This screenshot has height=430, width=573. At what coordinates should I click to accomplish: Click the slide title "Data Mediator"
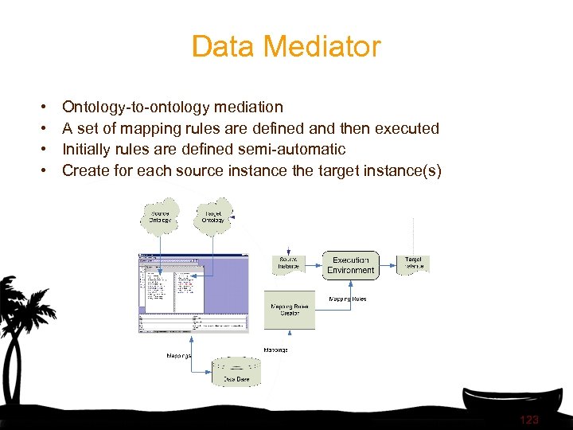286,46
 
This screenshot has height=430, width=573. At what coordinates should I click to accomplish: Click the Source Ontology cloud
162,216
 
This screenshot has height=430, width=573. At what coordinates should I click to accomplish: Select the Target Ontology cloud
212,215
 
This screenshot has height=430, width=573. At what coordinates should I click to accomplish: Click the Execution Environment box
350,265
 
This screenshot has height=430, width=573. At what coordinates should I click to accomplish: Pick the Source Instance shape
289,264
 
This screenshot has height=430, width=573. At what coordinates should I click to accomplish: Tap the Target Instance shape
414,264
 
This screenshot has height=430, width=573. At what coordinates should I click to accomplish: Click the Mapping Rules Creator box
290,310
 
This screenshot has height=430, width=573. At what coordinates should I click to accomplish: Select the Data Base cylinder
236,372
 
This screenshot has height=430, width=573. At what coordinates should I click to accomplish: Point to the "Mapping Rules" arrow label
348,299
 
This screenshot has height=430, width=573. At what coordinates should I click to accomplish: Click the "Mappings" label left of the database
178,355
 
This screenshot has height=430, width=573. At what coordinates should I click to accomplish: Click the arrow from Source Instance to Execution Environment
314,264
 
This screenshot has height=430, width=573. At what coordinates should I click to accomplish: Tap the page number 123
528,420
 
